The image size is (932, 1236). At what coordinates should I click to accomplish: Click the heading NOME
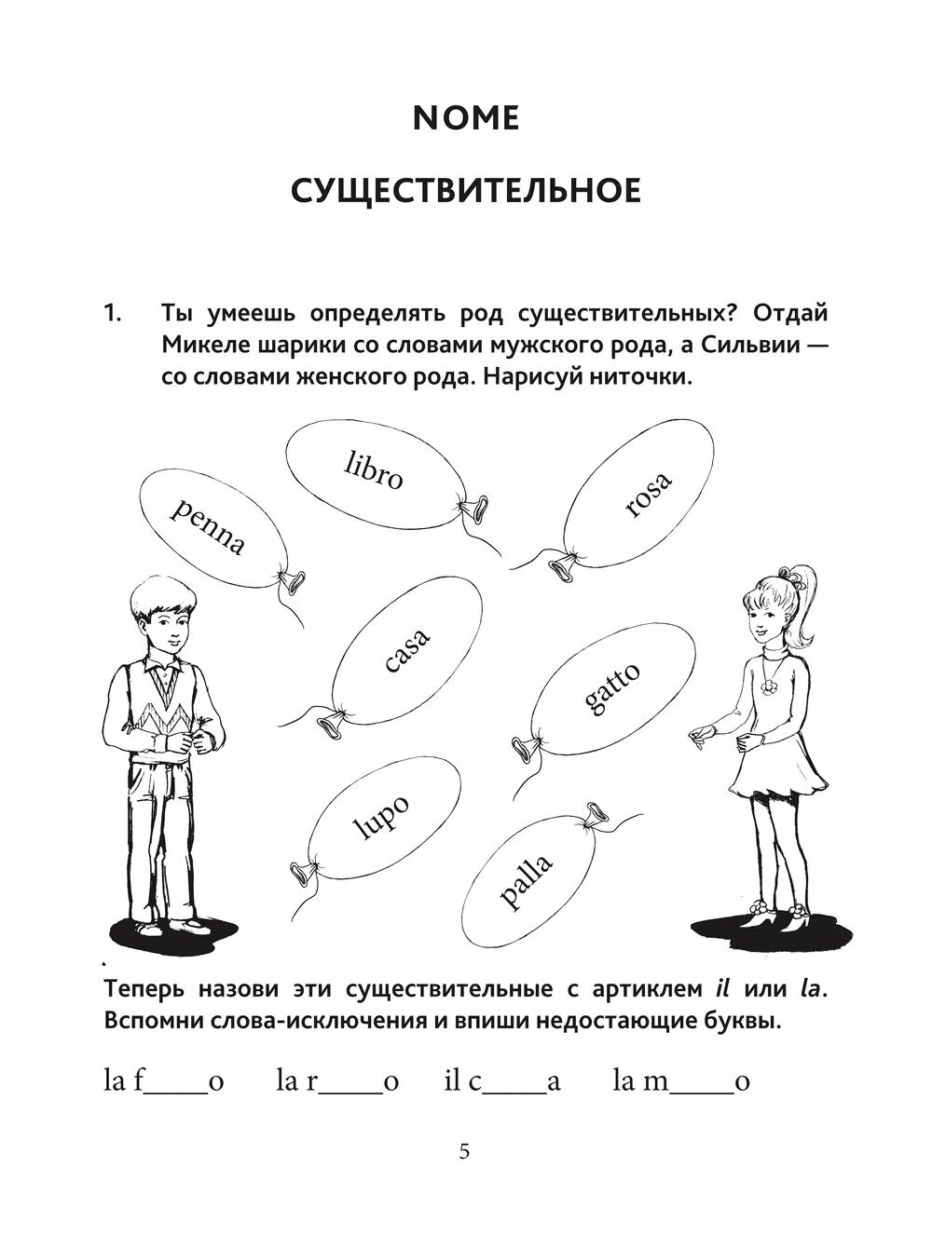coord(466,118)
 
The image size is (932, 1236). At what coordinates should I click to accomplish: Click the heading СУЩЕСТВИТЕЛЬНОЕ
coord(465,191)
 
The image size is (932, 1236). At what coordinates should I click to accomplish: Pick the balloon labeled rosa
coord(642,493)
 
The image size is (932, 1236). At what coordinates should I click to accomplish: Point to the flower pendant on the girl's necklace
coord(771,686)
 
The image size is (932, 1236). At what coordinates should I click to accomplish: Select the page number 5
coord(465,1152)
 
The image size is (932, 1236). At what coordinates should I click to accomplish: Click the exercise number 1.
coord(113,313)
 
